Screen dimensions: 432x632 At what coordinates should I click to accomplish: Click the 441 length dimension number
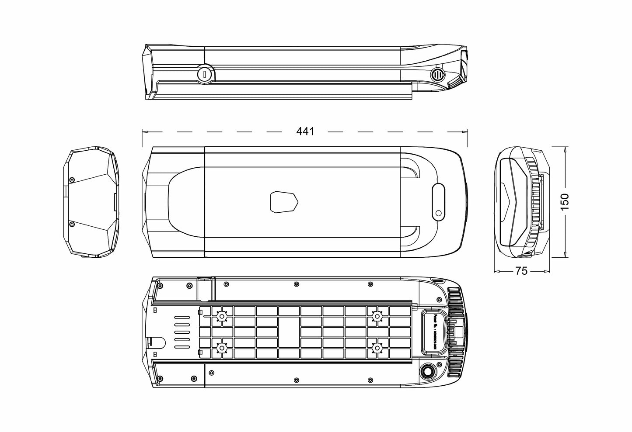click(305, 131)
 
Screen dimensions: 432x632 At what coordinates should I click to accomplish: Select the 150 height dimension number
click(565, 202)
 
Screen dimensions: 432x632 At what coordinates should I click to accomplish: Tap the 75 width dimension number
click(521, 271)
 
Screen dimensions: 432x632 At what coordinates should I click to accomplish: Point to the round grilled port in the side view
click(437, 75)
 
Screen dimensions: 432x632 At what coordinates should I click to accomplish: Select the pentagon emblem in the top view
click(283, 202)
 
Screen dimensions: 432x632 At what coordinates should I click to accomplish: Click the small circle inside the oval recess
click(438, 213)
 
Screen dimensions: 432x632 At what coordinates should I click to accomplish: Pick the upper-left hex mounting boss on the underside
click(222, 316)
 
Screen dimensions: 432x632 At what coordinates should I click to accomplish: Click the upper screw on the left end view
click(72, 180)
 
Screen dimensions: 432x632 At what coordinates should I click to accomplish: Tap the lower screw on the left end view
click(72, 225)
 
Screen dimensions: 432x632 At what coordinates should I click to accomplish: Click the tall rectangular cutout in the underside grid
click(289, 332)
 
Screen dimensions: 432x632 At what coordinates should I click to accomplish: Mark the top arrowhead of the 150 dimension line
click(566, 149)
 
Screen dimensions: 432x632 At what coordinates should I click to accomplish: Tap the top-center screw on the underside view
click(297, 284)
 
